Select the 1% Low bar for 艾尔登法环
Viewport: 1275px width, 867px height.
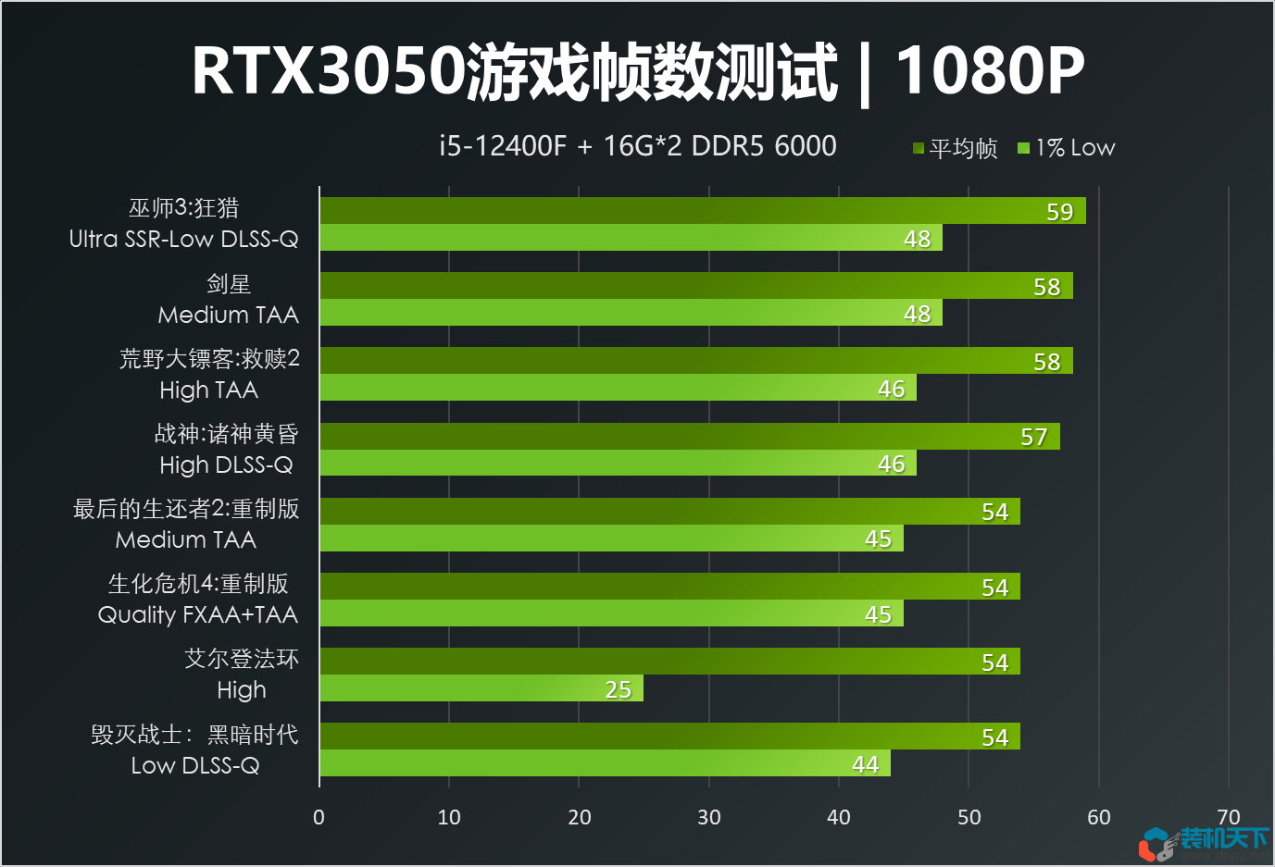click(x=481, y=688)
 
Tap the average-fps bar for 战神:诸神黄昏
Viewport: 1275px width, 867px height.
click(x=689, y=436)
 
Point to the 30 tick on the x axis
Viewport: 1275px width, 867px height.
click(x=709, y=817)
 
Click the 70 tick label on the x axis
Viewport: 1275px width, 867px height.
click(x=1229, y=817)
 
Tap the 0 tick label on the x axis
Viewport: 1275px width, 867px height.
click(x=319, y=817)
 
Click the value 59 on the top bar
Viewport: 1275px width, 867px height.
click(x=1059, y=212)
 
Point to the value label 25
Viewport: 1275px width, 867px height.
click(x=618, y=689)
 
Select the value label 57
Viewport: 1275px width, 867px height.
click(x=1033, y=437)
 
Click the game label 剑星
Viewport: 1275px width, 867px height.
click(x=229, y=284)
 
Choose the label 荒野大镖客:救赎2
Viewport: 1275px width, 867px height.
click(x=209, y=359)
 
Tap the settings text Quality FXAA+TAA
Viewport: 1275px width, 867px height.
click(x=198, y=614)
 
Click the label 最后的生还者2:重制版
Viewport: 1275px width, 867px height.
click(x=186, y=509)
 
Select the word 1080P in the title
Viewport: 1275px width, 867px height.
click(x=990, y=70)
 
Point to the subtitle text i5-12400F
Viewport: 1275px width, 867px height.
click(x=502, y=146)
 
